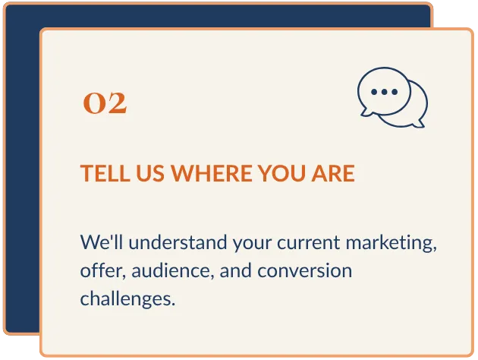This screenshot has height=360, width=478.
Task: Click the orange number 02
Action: click(105, 103)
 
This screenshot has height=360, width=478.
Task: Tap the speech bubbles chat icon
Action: click(393, 98)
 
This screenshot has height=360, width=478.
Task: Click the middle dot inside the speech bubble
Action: click(384, 92)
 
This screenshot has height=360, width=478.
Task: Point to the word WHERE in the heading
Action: click(211, 173)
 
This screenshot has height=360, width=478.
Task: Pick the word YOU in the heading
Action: click(282, 173)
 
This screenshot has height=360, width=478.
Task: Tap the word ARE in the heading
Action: click(333, 173)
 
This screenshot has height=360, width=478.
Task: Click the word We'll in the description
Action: click(102, 242)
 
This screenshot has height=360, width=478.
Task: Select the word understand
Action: click(178, 242)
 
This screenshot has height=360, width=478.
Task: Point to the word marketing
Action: click(392, 244)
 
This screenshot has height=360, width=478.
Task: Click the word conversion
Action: click(305, 271)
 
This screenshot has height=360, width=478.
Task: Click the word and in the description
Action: click(236, 271)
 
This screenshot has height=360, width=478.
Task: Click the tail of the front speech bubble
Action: click(366, 112)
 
